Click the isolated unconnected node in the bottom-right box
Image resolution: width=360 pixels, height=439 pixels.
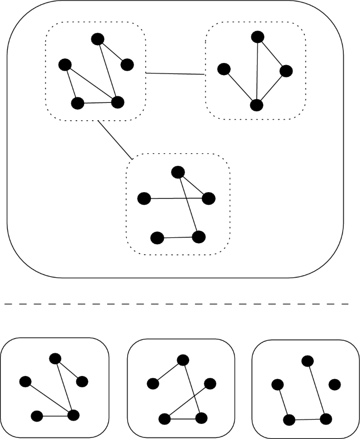pos(334,384)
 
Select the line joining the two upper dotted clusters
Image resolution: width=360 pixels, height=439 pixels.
pos(175,74)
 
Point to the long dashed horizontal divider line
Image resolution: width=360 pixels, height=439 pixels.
pos(177,304)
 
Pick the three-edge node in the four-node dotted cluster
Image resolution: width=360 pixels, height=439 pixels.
pos(256,105)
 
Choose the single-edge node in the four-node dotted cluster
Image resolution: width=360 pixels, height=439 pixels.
pos(224,69)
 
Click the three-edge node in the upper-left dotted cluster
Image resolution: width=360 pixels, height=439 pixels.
pos(117,102)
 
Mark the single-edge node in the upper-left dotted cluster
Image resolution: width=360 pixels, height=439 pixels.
pos(127,65)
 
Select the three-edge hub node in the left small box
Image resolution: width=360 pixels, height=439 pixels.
pos(73,415)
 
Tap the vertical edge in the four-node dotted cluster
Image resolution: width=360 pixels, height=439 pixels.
pos(256,71)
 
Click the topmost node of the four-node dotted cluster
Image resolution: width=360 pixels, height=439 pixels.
pos(257,37)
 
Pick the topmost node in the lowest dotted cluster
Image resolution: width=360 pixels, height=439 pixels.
pos(178,172)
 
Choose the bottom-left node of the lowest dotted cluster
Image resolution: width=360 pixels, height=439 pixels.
pos(157,238)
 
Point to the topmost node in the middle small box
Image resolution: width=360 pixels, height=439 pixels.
pos(183,360)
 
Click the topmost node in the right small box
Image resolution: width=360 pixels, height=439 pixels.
pos(308,361)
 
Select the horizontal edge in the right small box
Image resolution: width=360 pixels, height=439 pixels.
pos(307,420)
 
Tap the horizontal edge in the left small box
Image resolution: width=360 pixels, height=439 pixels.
pos(55,416)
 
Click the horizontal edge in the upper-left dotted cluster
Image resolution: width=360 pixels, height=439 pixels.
pos(97,103)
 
